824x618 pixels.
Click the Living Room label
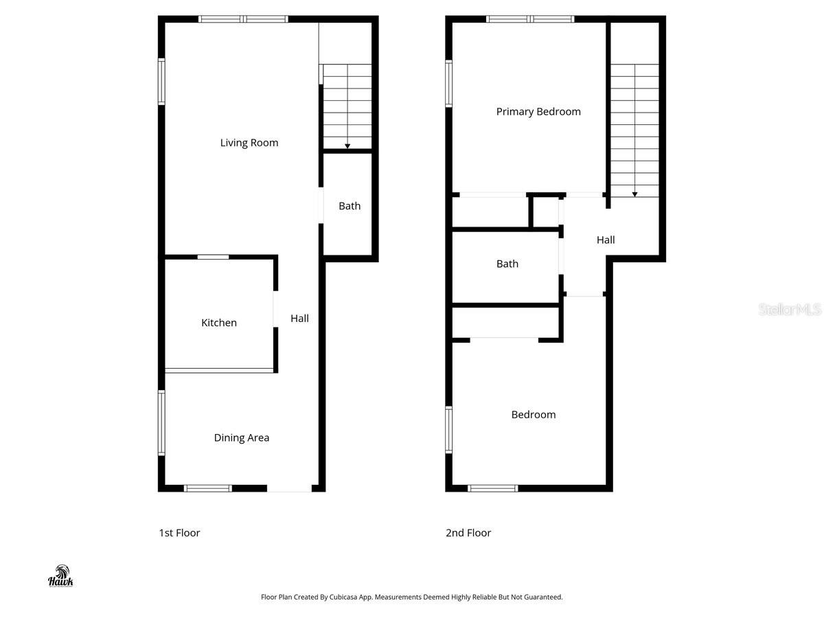click(x=249, y=143)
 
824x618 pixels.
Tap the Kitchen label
click(x=218, y=323)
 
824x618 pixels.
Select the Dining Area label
click(x=241, y=437)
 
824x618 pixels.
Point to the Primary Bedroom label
click(x=538, y=111)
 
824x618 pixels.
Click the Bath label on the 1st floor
click(x=349, y=206)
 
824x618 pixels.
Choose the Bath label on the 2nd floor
click(x=507, y=264)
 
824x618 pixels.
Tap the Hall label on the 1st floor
click(x=299, y=318)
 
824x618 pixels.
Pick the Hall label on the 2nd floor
click(x=605, y=240)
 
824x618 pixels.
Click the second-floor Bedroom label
click(x=533, y=414)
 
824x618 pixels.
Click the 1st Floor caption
click(x=179, y=533)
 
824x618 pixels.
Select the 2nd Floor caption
click(x=468, y=533)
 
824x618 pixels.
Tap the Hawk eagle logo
click(x=60, y=575)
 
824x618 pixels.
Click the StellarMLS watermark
click(x=789, y=310)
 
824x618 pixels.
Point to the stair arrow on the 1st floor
click(x=347, y=146)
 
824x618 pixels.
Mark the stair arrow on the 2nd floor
click(x=634, y=194)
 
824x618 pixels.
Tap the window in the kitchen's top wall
click(x=213, y=257)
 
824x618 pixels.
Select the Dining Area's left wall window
click(x=162, y=422)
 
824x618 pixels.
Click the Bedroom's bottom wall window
click(x=492, y=488)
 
